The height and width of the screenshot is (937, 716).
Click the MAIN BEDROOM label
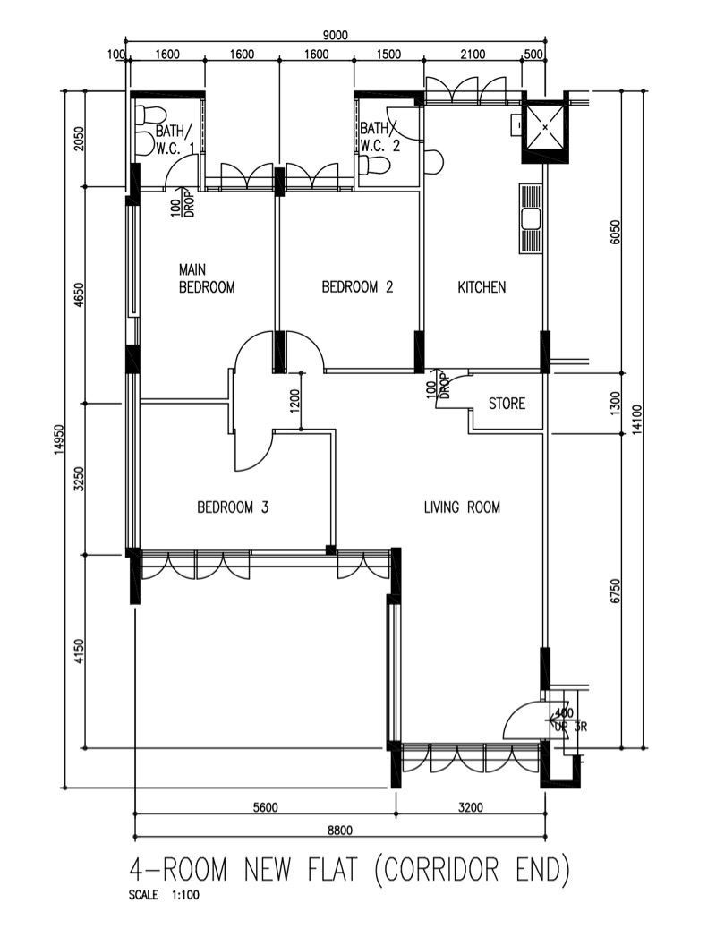207,278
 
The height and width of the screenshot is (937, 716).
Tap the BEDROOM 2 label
357,287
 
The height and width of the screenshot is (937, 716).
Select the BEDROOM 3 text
233,507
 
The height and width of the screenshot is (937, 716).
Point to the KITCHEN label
482,287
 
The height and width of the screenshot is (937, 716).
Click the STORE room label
507,404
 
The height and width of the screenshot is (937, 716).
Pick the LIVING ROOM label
462,507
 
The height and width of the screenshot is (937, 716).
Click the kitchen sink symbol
530,218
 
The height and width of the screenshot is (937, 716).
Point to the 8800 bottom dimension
340,830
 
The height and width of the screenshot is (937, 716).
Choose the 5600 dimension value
265,807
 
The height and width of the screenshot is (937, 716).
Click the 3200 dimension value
471,807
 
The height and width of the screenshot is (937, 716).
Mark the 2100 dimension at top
473,55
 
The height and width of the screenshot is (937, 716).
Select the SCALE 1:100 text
164,895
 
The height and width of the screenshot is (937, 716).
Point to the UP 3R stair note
571,727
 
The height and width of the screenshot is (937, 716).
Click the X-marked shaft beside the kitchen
544,127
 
